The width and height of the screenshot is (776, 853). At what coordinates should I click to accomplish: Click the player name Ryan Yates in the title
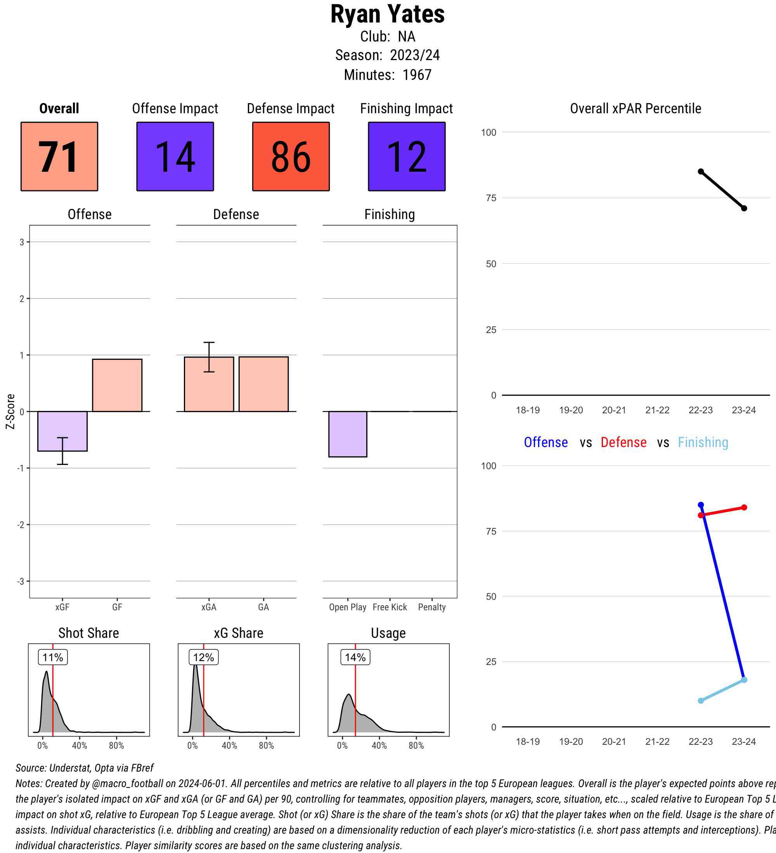pos(387,14)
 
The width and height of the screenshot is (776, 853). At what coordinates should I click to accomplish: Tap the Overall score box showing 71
pos(59,157)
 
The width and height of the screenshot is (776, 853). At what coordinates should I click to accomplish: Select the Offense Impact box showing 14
pos(175,157)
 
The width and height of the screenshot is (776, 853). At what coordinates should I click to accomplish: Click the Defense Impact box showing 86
pos(291,157)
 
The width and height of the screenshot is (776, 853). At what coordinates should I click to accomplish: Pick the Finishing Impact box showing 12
pos(406,157)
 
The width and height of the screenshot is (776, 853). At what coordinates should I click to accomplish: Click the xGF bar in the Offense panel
pos(62,431)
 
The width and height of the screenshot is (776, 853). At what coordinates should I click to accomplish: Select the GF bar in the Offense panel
pos(117,385)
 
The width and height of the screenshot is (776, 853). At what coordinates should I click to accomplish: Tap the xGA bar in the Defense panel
pos(209,384)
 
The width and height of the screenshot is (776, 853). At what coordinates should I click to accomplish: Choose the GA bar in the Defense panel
pos(263,384)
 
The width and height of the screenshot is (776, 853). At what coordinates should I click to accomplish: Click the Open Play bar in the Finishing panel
pos(348,434)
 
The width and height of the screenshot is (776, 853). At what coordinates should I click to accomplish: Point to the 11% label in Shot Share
pos(53,658)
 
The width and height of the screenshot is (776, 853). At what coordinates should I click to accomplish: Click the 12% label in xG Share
pos(203,658)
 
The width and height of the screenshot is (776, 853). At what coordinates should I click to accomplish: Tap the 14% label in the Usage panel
pos(355,658)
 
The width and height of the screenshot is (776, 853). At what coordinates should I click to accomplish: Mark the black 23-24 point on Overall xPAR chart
pos(744,208)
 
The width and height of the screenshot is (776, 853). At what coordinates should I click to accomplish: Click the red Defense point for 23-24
pos(744,507)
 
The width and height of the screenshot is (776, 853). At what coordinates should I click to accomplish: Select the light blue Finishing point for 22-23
pos(701,701)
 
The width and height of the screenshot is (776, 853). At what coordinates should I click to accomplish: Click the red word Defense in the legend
pos(624,442)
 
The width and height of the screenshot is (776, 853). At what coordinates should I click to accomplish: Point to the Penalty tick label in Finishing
pos(432,607)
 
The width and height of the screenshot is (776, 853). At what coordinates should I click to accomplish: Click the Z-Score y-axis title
pos(10,411)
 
